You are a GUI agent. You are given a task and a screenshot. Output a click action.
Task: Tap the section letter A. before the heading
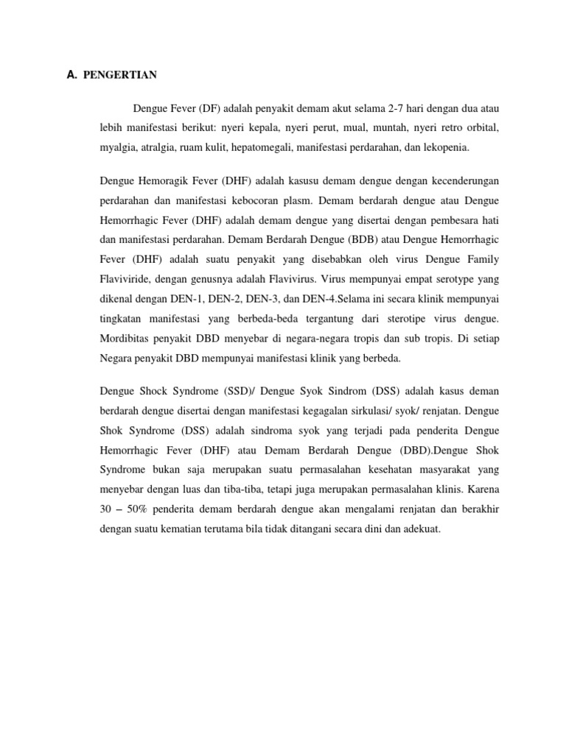tap(71, 74)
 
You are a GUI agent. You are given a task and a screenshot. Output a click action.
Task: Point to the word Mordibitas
tap(125, 339)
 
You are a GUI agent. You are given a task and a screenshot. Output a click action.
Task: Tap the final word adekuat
tap(420, 529)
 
